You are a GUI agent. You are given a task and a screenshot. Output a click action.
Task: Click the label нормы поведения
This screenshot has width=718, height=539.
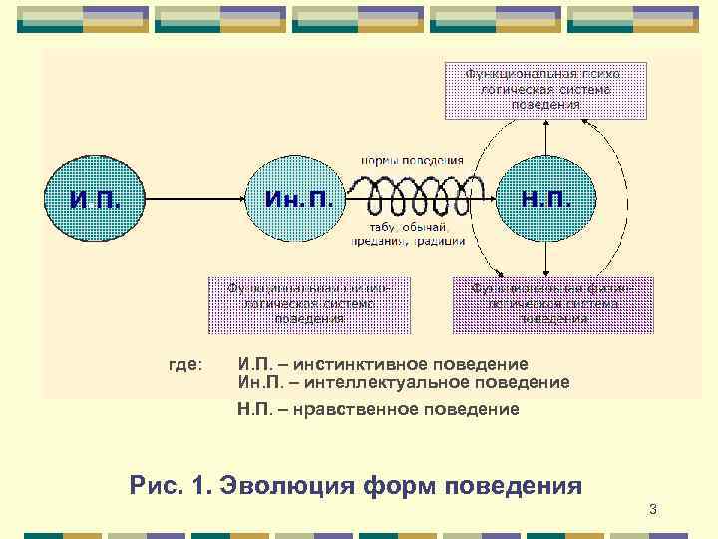(x=412, y=160)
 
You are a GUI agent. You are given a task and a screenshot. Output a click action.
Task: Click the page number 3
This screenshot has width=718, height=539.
(x=652, y=511)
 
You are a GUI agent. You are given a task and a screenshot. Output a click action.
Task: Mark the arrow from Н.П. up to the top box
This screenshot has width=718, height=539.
(x=545, y=135)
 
